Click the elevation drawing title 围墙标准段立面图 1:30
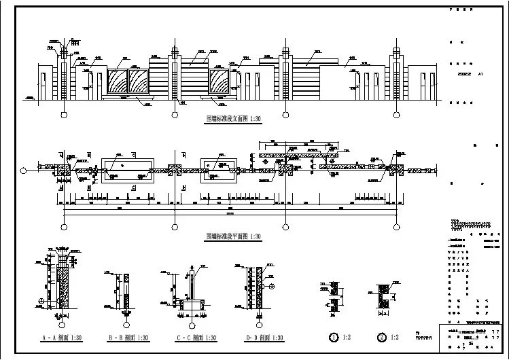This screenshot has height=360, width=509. point(233,118)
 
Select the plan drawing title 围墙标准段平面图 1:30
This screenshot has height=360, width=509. point(233,236)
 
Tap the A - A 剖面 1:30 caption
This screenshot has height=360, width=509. point(62,337)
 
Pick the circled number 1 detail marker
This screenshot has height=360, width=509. point(334,337)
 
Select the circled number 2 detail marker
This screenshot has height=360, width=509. point(382,337)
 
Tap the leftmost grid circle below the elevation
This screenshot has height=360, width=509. point(64,114)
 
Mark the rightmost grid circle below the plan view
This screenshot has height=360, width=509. point(396,227)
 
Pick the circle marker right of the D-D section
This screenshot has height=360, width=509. point(271,287)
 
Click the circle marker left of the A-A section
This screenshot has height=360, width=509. point(41,301)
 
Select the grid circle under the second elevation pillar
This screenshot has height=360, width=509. point(175,114)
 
